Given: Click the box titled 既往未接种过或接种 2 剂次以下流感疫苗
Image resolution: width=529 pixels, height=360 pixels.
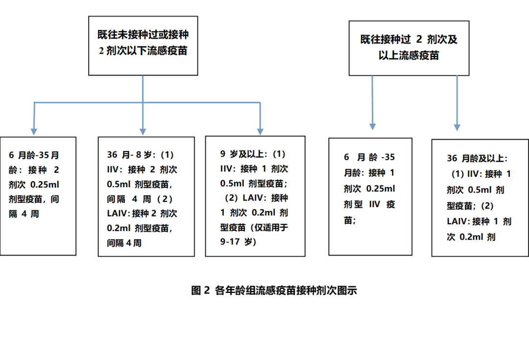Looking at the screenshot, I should pos(143,46).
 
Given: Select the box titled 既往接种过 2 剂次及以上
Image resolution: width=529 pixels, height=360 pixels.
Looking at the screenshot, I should pos(409,48).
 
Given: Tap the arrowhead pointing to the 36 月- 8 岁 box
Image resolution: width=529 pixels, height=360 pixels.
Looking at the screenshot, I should pos(143,132).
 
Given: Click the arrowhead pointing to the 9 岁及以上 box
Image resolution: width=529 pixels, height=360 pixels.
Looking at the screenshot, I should pos(261,131).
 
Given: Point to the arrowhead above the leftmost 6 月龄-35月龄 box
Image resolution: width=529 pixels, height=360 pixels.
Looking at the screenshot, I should pos(34,131).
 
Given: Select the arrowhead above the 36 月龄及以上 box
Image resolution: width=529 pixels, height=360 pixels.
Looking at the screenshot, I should pos(457,127).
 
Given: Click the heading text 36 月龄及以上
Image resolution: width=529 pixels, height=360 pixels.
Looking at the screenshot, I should pos(477,159).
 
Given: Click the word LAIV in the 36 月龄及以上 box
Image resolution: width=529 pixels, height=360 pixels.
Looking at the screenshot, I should pos(457,221).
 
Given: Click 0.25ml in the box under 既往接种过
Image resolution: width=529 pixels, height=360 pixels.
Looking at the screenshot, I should pos(380,189).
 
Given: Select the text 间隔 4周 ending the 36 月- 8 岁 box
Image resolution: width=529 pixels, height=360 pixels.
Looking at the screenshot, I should pos(124,243).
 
